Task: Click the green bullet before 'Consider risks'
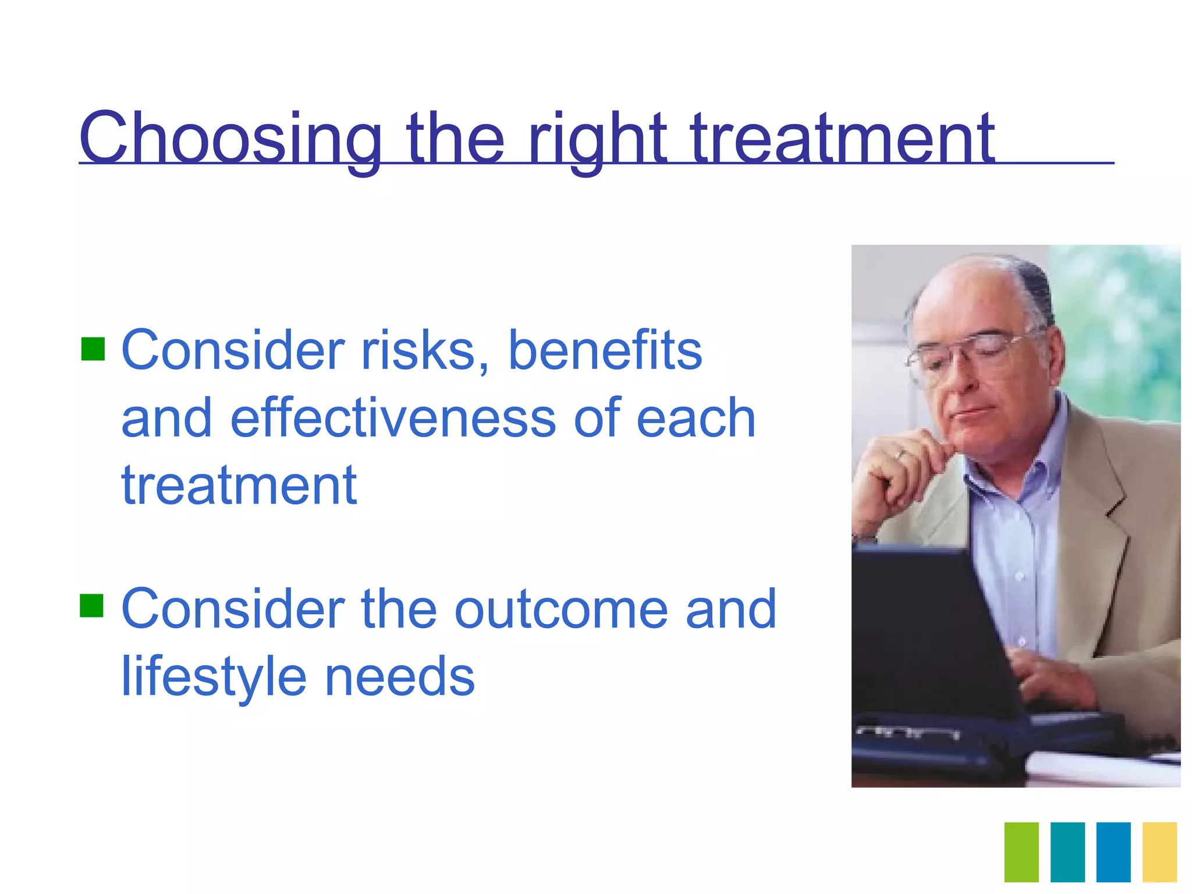point(93,349)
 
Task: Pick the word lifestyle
point(213,677)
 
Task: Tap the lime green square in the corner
point(1021,852)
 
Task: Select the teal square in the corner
point(1067,852)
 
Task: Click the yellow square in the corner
point(1159,852)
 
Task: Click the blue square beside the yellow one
point(1113,852)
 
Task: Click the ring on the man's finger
point(902,454)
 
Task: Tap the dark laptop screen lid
point(925,629)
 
